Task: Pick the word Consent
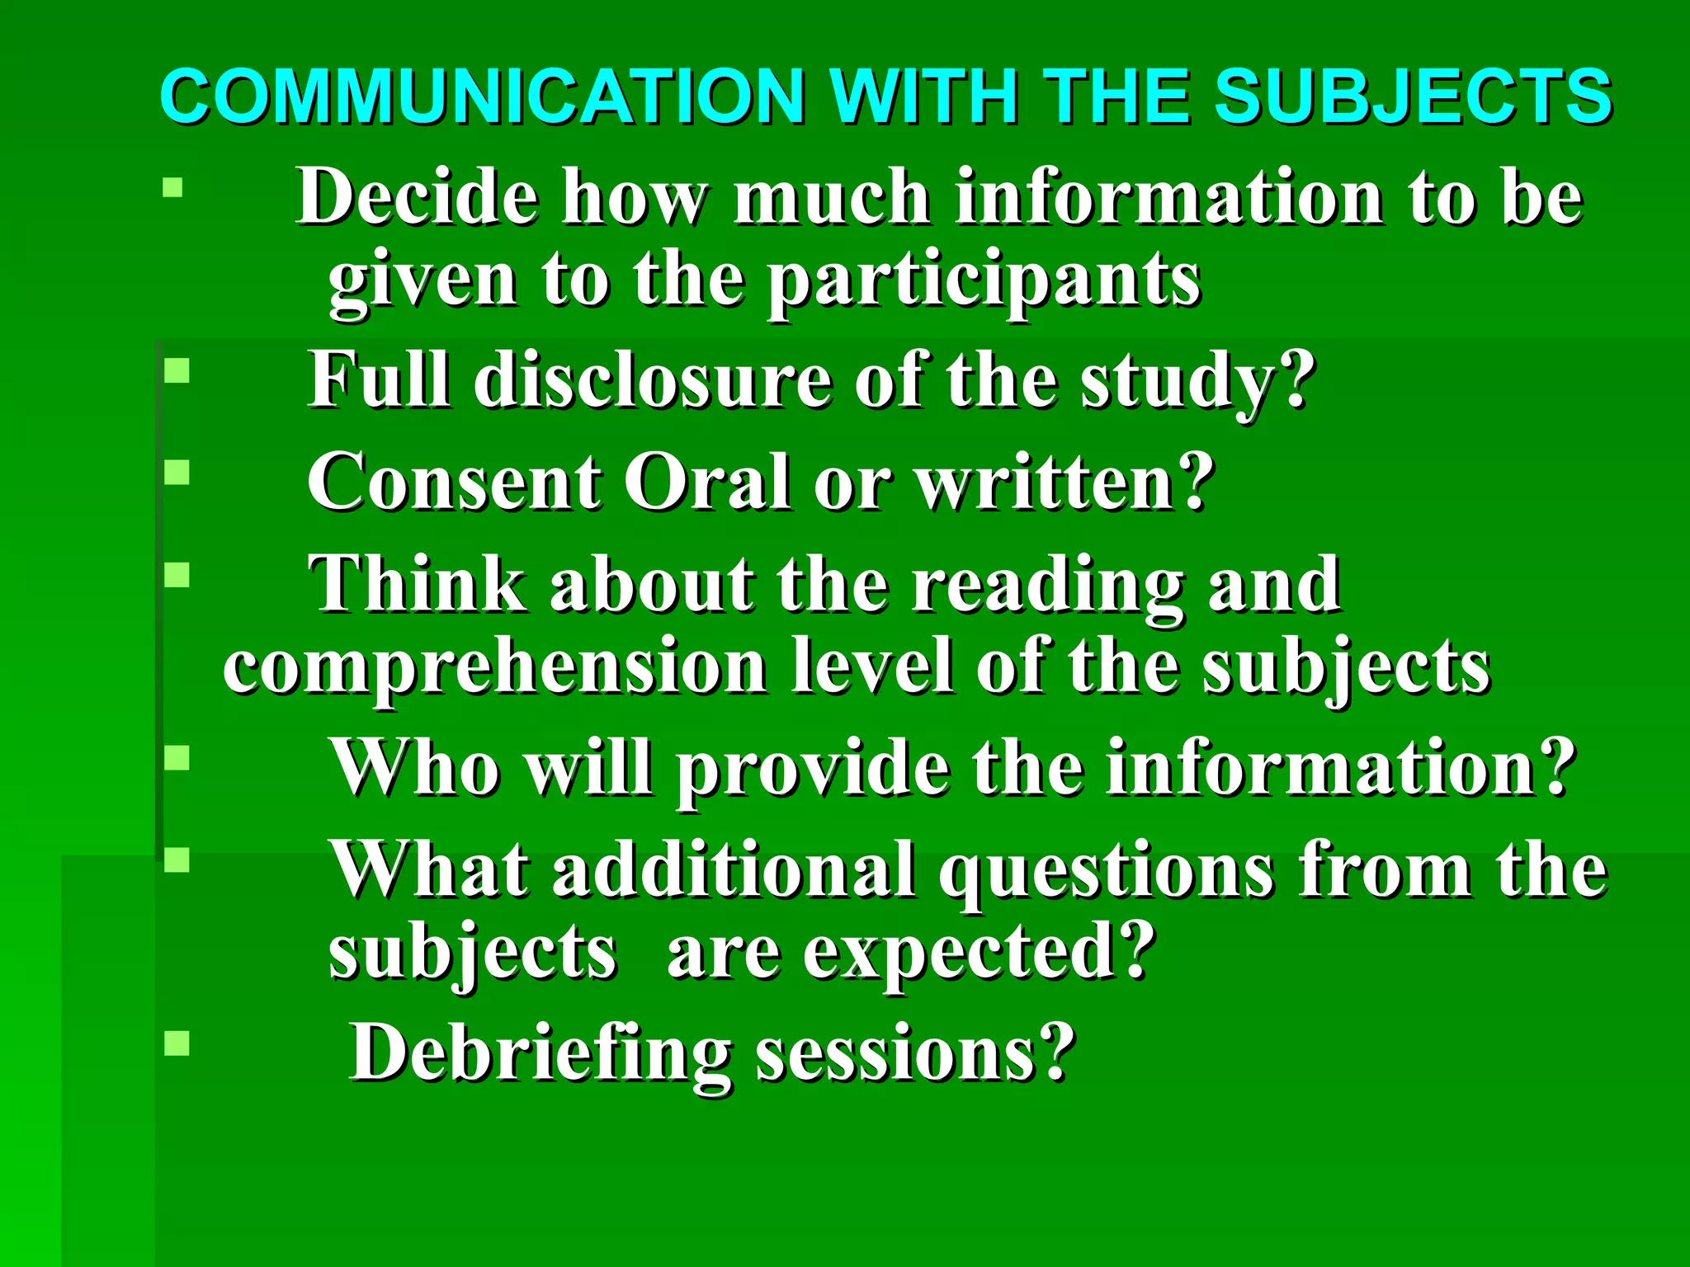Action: [455, 483]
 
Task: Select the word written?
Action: [1065, 483]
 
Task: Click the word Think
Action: [418, 584]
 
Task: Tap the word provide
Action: [812, 768]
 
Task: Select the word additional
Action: [734, 869]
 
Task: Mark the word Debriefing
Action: [541, 1053]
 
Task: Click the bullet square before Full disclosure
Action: [177, 370]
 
